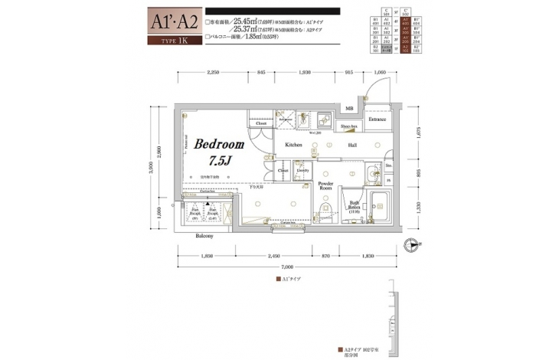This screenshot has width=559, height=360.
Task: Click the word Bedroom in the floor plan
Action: click(219, 144)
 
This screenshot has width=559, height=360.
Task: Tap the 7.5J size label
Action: click(220, 161)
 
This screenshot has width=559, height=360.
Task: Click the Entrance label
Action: click(377, 119)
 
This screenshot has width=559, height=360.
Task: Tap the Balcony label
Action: click(204, 236)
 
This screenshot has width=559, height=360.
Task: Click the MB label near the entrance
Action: click(348, 109)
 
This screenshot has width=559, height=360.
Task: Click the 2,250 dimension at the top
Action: click(213, 71)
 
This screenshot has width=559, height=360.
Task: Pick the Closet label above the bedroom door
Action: click(261, 123)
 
